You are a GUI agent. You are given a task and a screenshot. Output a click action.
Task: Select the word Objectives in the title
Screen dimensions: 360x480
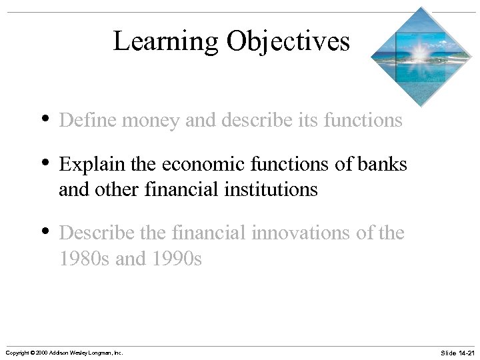[x=287, y=41]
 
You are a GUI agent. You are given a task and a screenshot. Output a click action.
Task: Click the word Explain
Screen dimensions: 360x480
[x=87, y=164]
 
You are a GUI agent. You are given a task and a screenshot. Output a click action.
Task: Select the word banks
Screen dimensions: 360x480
[x=383, y=164]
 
